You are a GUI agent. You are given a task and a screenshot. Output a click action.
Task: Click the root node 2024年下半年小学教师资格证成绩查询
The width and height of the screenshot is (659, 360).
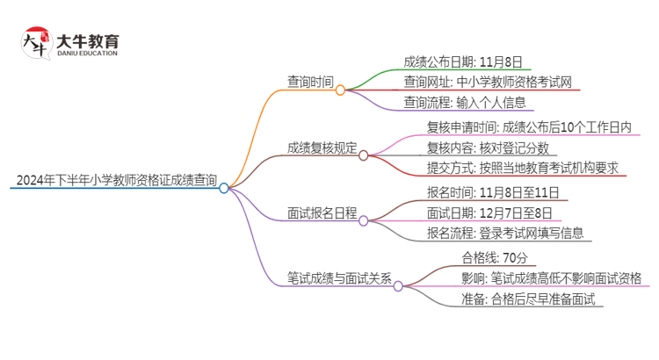click(x=116, y=182)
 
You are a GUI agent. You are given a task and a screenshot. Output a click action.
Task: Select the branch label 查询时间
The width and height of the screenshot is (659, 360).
click(x=310, y=82)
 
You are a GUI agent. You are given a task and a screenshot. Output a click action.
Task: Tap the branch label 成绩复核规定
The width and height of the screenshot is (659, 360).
click(x=322, y=148)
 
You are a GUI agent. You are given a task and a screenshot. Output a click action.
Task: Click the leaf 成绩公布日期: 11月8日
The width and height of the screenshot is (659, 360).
click(x=462, y=61)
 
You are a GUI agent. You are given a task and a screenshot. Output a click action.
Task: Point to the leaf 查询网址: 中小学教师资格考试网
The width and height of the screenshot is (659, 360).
click(x=489, y=82)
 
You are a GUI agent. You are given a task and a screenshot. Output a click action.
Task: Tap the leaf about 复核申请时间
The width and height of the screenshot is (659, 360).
click(x=528, y=127)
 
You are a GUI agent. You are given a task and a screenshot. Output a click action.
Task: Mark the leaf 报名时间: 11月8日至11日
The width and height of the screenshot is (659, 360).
click(x=492, y=192)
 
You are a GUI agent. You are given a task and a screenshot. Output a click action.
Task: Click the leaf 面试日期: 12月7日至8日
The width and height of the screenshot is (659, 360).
click(x=489, y=212)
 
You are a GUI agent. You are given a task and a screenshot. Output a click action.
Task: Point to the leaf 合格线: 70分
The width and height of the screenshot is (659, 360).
click(x=494, y=258)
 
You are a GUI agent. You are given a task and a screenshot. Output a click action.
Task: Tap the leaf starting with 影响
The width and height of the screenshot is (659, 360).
click(x=551, y=278)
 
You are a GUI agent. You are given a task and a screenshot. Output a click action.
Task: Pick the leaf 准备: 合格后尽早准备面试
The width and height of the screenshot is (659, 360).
click(x=528, y=299)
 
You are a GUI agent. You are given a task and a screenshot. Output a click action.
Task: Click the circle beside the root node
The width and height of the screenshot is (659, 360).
click(x=224, y=188)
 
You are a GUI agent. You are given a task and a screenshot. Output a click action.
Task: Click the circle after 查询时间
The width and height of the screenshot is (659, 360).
click(x=340, y=89)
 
